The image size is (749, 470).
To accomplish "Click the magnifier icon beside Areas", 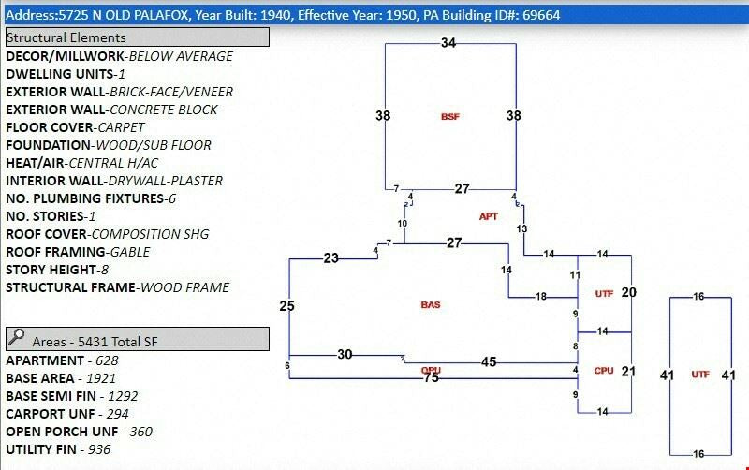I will [16, 339].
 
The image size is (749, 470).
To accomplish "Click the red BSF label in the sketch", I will [450, 117].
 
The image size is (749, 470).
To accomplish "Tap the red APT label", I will [489, 216].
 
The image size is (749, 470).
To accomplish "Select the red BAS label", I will [431, 305].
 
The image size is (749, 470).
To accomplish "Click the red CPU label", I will [604, 371].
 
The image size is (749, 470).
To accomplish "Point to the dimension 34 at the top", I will [448, 43].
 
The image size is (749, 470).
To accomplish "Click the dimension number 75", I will [432, 378].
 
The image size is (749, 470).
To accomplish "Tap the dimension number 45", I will [489, 361].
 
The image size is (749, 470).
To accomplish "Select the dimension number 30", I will [345, 354].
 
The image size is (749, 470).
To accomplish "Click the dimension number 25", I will [287, 306].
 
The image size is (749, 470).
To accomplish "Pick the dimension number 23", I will [331, 258].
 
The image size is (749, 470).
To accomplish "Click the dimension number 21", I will [628, 372].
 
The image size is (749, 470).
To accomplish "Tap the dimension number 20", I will [628, 293].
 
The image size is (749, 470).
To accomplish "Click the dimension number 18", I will [540, 297].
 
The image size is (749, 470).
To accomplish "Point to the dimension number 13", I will [521, 229].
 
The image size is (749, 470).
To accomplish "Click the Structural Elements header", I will [138, 37].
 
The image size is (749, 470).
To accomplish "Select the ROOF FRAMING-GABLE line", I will [78, 252].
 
